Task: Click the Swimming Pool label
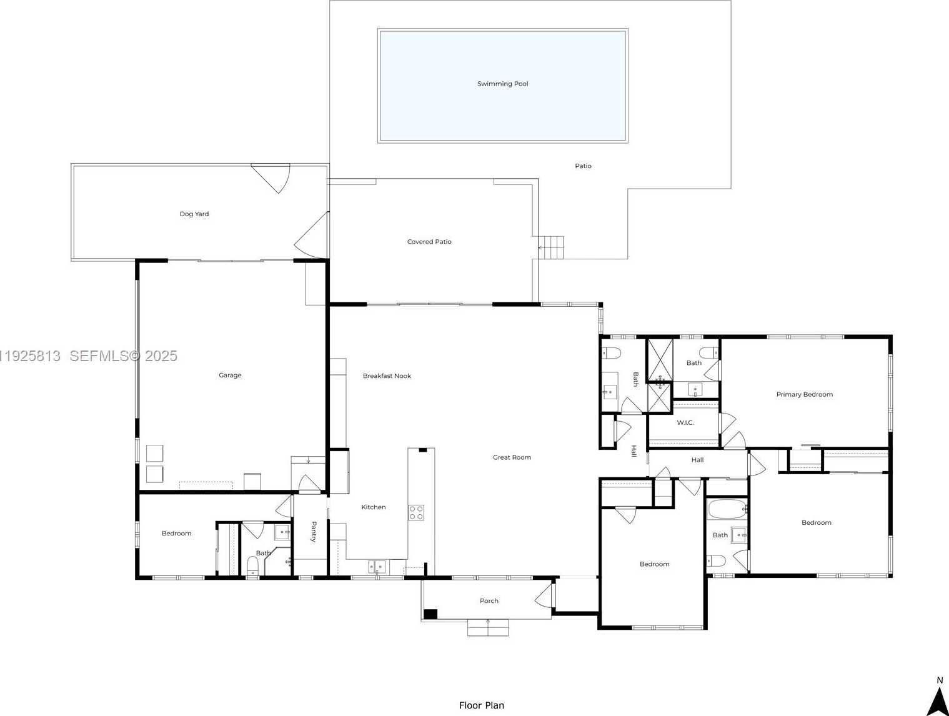502,84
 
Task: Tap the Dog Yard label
194,214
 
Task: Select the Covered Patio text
429,242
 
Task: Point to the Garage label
230,375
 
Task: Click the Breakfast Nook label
387,376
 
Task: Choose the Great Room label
512,457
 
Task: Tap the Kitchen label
374,507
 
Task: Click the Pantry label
314,532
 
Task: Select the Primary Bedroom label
805,394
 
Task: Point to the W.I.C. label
685,422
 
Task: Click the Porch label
489,601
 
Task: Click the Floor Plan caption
482,705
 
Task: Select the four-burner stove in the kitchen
416,513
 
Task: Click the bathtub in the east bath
727,509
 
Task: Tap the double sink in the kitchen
377,567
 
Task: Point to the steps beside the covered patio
551,248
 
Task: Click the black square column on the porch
430,614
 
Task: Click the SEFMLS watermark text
123,356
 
